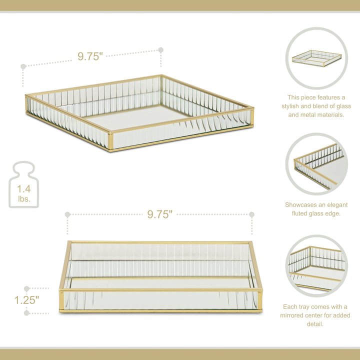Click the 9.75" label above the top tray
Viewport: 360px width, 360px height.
point(90,56)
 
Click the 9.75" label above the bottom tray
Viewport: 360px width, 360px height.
point(159,214)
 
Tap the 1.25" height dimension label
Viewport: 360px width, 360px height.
point(26,300)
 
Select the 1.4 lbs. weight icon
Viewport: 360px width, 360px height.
point(23,185)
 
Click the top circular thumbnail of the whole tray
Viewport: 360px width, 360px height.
point(316,58)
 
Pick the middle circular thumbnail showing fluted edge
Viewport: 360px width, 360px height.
point(316,163)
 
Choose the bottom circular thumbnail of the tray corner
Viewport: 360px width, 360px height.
point(316,266)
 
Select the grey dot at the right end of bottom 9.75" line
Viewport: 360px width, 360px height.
point(251,214)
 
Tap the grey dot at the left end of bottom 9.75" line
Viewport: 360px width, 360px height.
point(67,214)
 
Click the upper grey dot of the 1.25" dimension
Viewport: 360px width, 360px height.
point(26,288)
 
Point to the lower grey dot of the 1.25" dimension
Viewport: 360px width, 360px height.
point(26,313)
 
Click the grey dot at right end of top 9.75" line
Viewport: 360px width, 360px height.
point(161,50)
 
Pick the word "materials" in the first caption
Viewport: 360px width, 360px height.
point(329,115)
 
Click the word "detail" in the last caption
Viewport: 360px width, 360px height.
point(316,324)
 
